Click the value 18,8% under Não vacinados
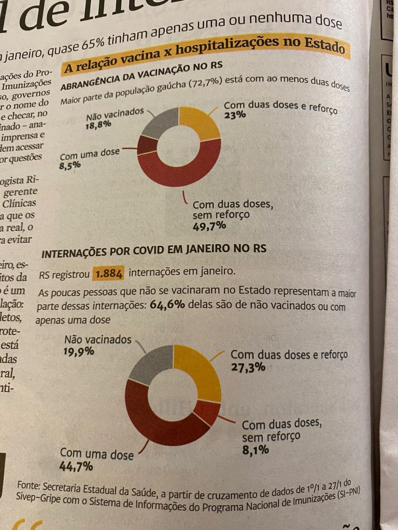(x=99, y=125)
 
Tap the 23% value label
(x=235, y=115)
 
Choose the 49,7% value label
(x=209, y=226)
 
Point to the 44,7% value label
(x=76, y=467)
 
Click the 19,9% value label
(x=79, y=352)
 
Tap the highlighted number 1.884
(x=108, y=273)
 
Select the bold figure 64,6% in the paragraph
(x=167, y=304)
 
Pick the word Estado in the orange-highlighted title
(x=325, y=48)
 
